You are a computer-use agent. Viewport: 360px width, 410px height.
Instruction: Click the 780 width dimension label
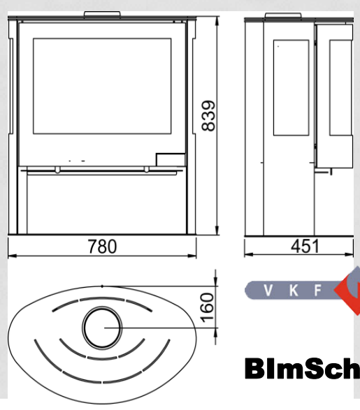pyautogui.click(x=102, y=247)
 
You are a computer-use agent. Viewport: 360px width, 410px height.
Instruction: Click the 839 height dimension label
pyautogui.click(x=209, y=115)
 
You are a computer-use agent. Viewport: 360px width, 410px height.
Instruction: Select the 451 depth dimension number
pyautogui.click(x=305, y=246)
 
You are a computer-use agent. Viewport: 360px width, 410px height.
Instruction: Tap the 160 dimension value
pyautogui.click(x=207, y=308)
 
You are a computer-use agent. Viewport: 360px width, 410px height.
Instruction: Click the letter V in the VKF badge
pyautogui.click(x=268, y=291)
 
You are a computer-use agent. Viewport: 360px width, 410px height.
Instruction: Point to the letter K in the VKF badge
pyautogui.click(x=294, y=291)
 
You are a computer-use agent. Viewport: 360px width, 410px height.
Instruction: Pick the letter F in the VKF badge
pyautogui.click(x=317, y=291)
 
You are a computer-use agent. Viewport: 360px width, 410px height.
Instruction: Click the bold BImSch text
pyautogui.click(x=303, y=369)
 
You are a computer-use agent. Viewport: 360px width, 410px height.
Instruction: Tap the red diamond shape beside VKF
pyautogui.click(x=350, y=291)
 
